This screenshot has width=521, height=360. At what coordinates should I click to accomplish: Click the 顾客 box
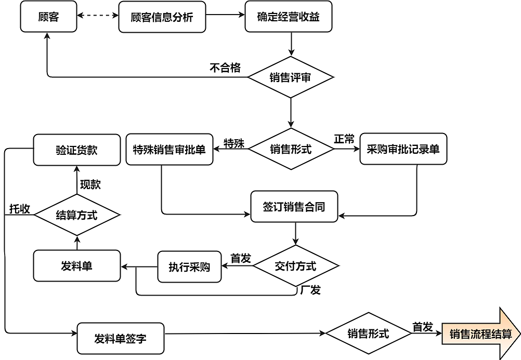pos(49,17)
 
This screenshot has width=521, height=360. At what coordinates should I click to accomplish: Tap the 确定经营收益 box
pos(288,17)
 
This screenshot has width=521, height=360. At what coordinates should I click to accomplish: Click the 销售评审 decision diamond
pos(290,77)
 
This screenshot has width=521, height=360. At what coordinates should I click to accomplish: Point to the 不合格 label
pos(225,68)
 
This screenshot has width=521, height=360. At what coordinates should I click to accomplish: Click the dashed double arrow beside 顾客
pos(97,16)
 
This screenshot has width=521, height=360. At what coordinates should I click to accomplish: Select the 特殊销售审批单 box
pos(169,150)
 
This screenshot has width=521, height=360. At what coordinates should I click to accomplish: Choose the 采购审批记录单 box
pos(403,150)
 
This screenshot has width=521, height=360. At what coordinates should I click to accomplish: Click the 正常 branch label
pos(344,139)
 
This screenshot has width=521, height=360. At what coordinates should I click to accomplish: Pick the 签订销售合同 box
pos(294,207)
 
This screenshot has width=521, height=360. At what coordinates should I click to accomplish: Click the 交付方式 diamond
pos(295,266)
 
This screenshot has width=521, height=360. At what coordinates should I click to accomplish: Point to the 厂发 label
pos(310,290)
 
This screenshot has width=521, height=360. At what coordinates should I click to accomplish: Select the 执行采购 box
pos(189,267)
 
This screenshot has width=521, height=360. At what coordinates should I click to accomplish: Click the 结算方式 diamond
pos(76,215)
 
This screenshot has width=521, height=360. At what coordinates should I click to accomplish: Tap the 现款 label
pos(90,184)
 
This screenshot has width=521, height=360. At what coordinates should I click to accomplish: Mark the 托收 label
pos(19,208)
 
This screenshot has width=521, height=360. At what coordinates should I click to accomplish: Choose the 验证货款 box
pos(76,150)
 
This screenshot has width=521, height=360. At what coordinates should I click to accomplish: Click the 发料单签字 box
pos(120,338)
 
